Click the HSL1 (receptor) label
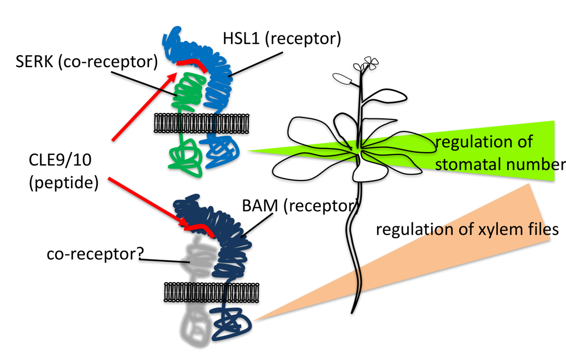(x=282, y=39)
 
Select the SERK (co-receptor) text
(x=86, y=62)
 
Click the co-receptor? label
(x=93, y=254)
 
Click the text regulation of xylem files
(x=467, y=229)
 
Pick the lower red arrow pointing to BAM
(x=147, y=202)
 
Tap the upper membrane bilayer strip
(x=201, y=123)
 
